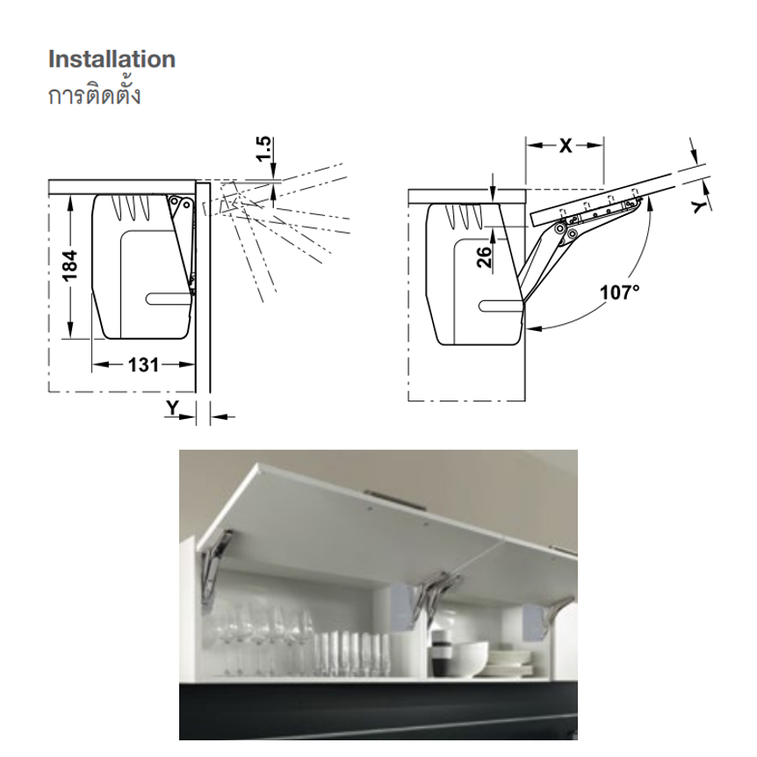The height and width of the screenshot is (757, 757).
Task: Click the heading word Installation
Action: [112, 60]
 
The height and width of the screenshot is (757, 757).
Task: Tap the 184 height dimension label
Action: [70, 265]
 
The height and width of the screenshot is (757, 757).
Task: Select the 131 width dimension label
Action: [143, 365]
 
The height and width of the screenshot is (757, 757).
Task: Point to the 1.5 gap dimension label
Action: [264, 149]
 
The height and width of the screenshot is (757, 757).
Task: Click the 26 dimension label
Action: [484, 256]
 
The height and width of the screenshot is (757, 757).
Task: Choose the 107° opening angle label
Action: [619, 292]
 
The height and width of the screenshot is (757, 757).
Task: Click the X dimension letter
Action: [566, 145]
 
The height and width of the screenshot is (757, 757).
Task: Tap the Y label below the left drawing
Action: [172, 409]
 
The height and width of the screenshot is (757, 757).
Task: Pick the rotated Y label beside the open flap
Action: [700, 206]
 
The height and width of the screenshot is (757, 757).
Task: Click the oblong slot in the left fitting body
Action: [168, 299]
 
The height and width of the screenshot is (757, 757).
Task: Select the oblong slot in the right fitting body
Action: [501, 306]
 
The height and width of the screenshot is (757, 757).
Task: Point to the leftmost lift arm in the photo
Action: [215, 565]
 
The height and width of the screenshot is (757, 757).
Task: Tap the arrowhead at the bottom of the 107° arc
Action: [533, 328]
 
